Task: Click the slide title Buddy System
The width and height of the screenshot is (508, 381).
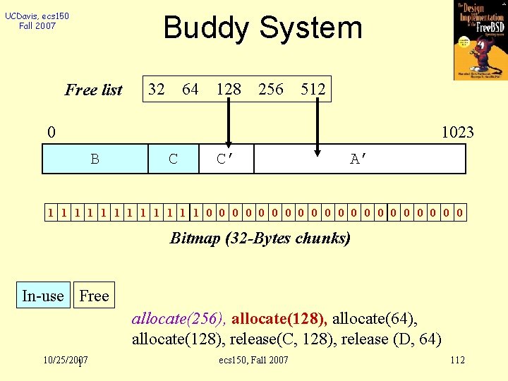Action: (262, 28)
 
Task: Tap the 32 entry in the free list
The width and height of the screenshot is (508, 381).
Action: (157, 89)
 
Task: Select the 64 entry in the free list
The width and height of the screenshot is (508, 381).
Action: (190, 89)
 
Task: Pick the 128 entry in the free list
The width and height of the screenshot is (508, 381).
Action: (229, 89)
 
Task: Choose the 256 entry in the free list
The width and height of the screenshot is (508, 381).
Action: (271, 89)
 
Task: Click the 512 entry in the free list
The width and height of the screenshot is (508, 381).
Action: (313, 89)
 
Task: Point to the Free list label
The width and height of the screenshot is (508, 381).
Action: (94, 90)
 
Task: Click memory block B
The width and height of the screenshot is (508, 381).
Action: (95, 159)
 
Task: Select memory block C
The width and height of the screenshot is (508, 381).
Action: (174, 159)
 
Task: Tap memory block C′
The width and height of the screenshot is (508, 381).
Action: (225, 159)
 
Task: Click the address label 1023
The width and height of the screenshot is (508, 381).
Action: (457, 132)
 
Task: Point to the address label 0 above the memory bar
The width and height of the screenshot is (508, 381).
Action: (51, 132)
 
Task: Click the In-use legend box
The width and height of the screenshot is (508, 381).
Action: (43, 296)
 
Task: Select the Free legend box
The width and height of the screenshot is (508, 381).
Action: (94, 296)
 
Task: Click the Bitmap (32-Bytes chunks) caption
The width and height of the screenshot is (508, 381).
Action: (260, 238)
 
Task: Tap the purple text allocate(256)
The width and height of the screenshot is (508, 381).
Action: (179, 317)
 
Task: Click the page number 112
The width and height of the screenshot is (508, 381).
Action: (457, 361)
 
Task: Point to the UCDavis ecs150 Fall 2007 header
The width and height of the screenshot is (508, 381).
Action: (37, 20)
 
